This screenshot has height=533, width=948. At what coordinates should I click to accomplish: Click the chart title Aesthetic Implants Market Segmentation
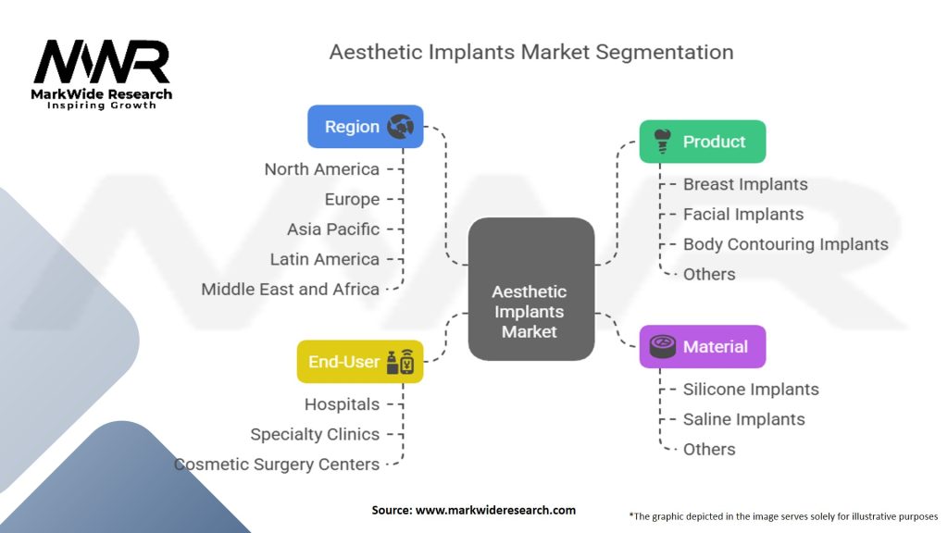click(530, 52)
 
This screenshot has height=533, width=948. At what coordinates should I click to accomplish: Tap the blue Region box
click(365, 127)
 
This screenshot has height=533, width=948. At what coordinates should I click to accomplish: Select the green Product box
click(703, 142)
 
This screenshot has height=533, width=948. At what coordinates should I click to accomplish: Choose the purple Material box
click(703, 347)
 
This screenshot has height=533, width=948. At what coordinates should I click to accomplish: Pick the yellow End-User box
click(359, 362)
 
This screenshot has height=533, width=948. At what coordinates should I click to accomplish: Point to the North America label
click(321, 169)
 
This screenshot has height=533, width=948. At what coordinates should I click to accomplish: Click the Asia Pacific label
click(333, 229)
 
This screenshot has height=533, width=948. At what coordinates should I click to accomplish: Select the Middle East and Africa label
click(290, 289)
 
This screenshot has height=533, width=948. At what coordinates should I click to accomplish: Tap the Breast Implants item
click(745, 184)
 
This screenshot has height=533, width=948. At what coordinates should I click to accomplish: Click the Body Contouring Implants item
click(785, 244)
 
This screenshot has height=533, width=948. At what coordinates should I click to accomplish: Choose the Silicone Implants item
click(751, 390)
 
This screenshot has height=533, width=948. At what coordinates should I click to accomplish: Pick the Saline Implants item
click(743, 419)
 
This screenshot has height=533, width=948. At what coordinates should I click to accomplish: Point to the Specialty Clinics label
click(315, 434)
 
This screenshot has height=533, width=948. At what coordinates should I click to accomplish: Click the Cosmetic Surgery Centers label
click(277, 464)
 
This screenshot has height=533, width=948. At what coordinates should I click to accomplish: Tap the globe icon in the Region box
click(401, 127)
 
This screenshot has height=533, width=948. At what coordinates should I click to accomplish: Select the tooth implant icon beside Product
click(661, 141)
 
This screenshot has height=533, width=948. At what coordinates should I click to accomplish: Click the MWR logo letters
click(102, 62)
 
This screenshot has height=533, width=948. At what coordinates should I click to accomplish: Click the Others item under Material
click(709, 449)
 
